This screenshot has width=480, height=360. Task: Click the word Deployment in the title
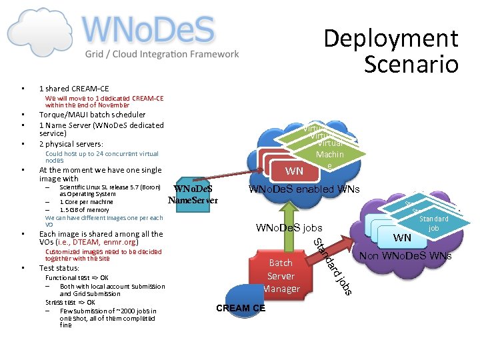click(391, 39)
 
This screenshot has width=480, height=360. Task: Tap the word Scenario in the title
click(411, 64)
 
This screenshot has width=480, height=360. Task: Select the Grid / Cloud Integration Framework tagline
click(161, 54)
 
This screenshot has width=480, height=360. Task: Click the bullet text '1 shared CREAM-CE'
click(74, 89)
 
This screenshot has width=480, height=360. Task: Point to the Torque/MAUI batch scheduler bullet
click(92, 115)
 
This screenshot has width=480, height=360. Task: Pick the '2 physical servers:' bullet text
click(71, 144)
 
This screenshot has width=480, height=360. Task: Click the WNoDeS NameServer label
click(193, 194)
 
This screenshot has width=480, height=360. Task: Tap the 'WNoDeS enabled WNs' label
click(304, 190)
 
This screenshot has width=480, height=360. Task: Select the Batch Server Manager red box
click(281, 275)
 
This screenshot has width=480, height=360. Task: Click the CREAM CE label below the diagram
click(241, 308)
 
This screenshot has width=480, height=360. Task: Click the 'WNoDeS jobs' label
click(289, 229)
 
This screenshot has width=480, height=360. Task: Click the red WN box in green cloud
click(294, 171)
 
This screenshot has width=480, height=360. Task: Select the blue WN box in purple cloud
click(402, 237)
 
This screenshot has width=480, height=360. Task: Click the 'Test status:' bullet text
click(59, 268)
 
